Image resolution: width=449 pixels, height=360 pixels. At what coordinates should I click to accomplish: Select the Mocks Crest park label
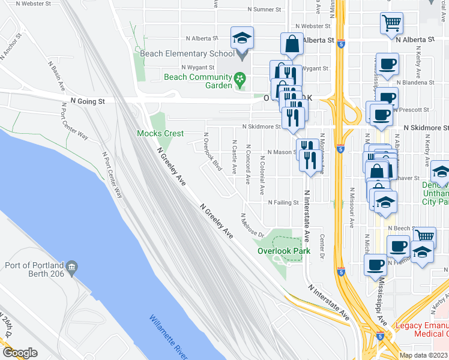160,133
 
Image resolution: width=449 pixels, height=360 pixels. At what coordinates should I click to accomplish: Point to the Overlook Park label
284,251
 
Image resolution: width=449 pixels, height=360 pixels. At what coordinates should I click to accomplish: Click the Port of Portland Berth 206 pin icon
71,266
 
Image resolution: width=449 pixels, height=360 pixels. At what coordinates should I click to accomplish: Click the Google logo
20,353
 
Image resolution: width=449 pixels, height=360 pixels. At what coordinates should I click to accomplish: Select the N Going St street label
87,102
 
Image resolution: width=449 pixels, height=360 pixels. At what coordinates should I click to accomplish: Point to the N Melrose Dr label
253,225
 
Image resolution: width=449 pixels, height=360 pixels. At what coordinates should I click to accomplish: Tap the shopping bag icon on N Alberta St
291,43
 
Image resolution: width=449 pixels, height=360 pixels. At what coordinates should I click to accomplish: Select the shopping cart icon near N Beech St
424,236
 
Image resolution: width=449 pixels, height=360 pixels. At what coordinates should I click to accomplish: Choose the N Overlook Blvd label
212,152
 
